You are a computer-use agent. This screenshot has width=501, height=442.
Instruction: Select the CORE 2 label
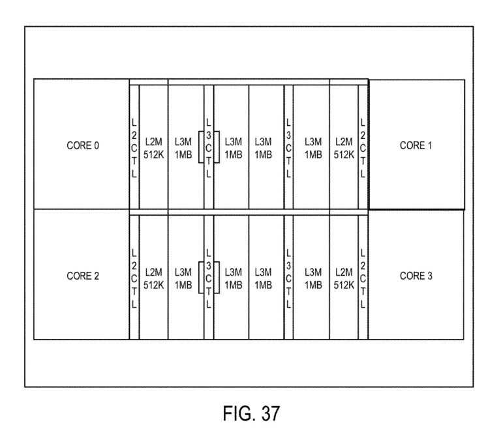(83, 276)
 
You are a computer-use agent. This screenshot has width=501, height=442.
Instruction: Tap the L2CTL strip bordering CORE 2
(134, 276)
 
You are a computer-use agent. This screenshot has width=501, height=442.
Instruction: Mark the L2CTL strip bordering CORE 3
(363, 276)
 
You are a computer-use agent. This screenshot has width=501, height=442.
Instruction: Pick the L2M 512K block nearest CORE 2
(154, 276)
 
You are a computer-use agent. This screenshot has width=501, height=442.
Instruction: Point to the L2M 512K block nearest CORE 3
(344, 276)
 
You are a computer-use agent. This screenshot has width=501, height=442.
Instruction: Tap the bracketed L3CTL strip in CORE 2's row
(209, 276)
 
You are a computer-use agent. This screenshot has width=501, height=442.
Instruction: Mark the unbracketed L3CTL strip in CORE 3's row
(288, 276)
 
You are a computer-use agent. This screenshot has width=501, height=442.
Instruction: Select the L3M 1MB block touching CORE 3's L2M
(312, 276)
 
